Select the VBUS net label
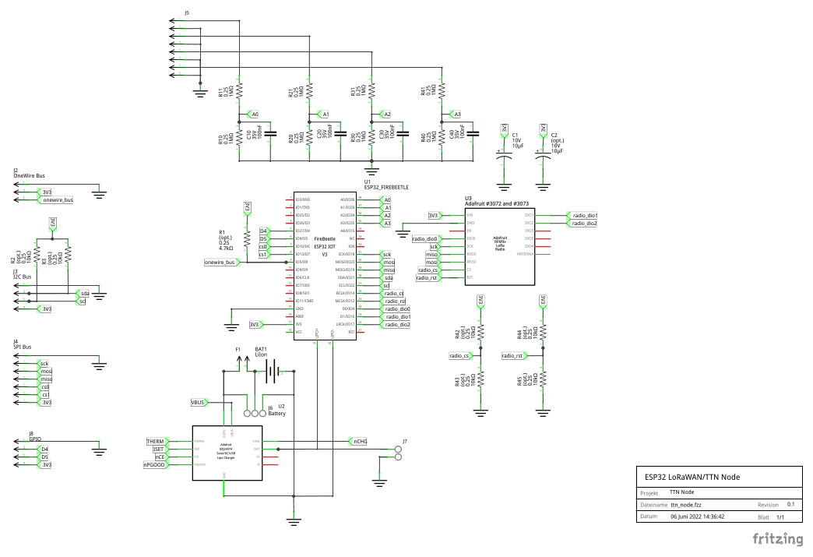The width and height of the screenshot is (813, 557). (x=198, y=403)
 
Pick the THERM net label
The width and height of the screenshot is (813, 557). (x=156, y=442)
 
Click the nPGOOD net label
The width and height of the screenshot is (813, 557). (x=153, y=464)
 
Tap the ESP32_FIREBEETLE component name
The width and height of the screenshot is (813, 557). (x=386, y=188)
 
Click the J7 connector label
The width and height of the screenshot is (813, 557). (x=404, y=442)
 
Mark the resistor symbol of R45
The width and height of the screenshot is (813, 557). (x=544, y=380)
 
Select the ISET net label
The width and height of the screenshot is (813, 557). (x=158, y=449)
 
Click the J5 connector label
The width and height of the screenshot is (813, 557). (x=187, y=14)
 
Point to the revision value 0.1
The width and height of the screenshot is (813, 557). (x=790, y=505)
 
